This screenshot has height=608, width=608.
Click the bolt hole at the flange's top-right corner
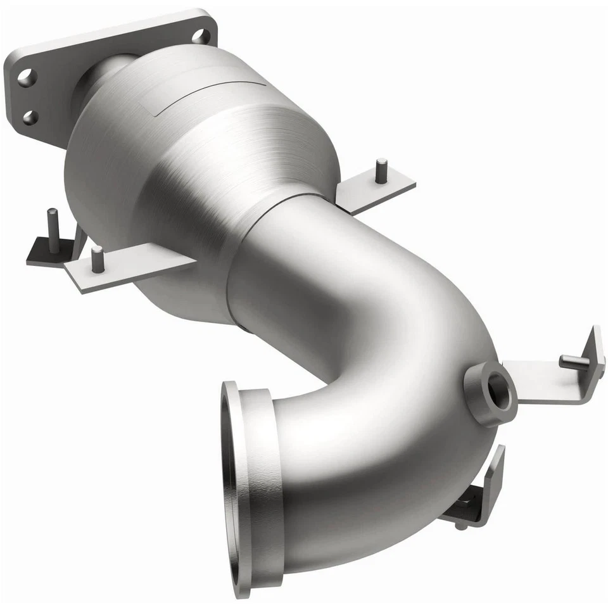pyautogui.click(x=201, y=36)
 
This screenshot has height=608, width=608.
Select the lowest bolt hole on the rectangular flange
pyautogui.click(x=30, y=117)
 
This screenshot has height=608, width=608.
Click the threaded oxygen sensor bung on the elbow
pyautogui.click(x=490, y=393)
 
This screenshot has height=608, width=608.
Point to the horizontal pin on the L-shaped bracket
pyautogui.click(x=574, y=362)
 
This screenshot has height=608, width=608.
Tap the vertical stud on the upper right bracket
pyautogui.click(x=381, y=171)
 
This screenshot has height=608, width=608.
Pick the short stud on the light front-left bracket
pyautogui.click(x=97, y=259)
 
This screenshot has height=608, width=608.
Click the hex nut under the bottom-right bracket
pyautogui.click(x=465, y=507)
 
